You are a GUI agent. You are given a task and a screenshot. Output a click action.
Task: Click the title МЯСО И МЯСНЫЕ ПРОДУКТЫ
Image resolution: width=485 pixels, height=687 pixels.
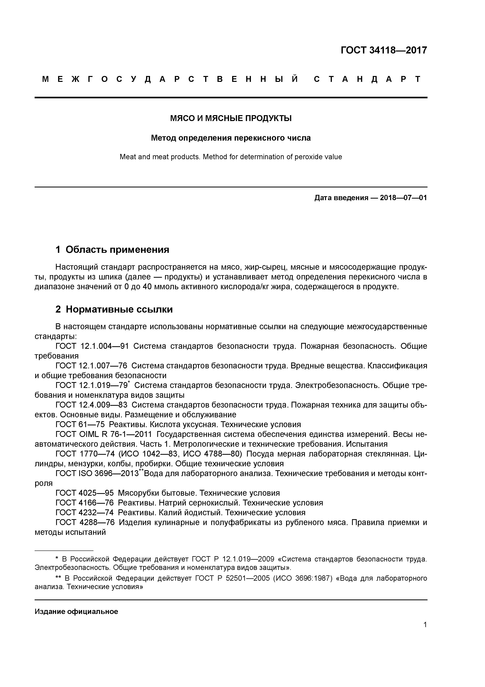tap(231, 118)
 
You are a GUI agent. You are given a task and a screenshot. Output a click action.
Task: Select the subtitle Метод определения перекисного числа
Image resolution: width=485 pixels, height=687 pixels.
tap(231, 138)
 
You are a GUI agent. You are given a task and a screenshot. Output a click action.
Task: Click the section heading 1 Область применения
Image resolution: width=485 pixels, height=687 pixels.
tap(112, 249)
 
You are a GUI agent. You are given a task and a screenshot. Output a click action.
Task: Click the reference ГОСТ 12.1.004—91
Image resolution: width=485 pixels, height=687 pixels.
tap(92, 346)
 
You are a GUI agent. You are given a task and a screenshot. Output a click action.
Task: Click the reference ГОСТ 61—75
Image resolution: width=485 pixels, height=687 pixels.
tap(80, 424)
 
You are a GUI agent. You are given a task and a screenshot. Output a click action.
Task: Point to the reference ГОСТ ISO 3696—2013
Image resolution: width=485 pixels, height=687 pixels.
tap(97, 473)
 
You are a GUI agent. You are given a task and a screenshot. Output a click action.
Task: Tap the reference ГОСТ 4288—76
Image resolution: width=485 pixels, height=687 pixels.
tap(85, 522)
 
